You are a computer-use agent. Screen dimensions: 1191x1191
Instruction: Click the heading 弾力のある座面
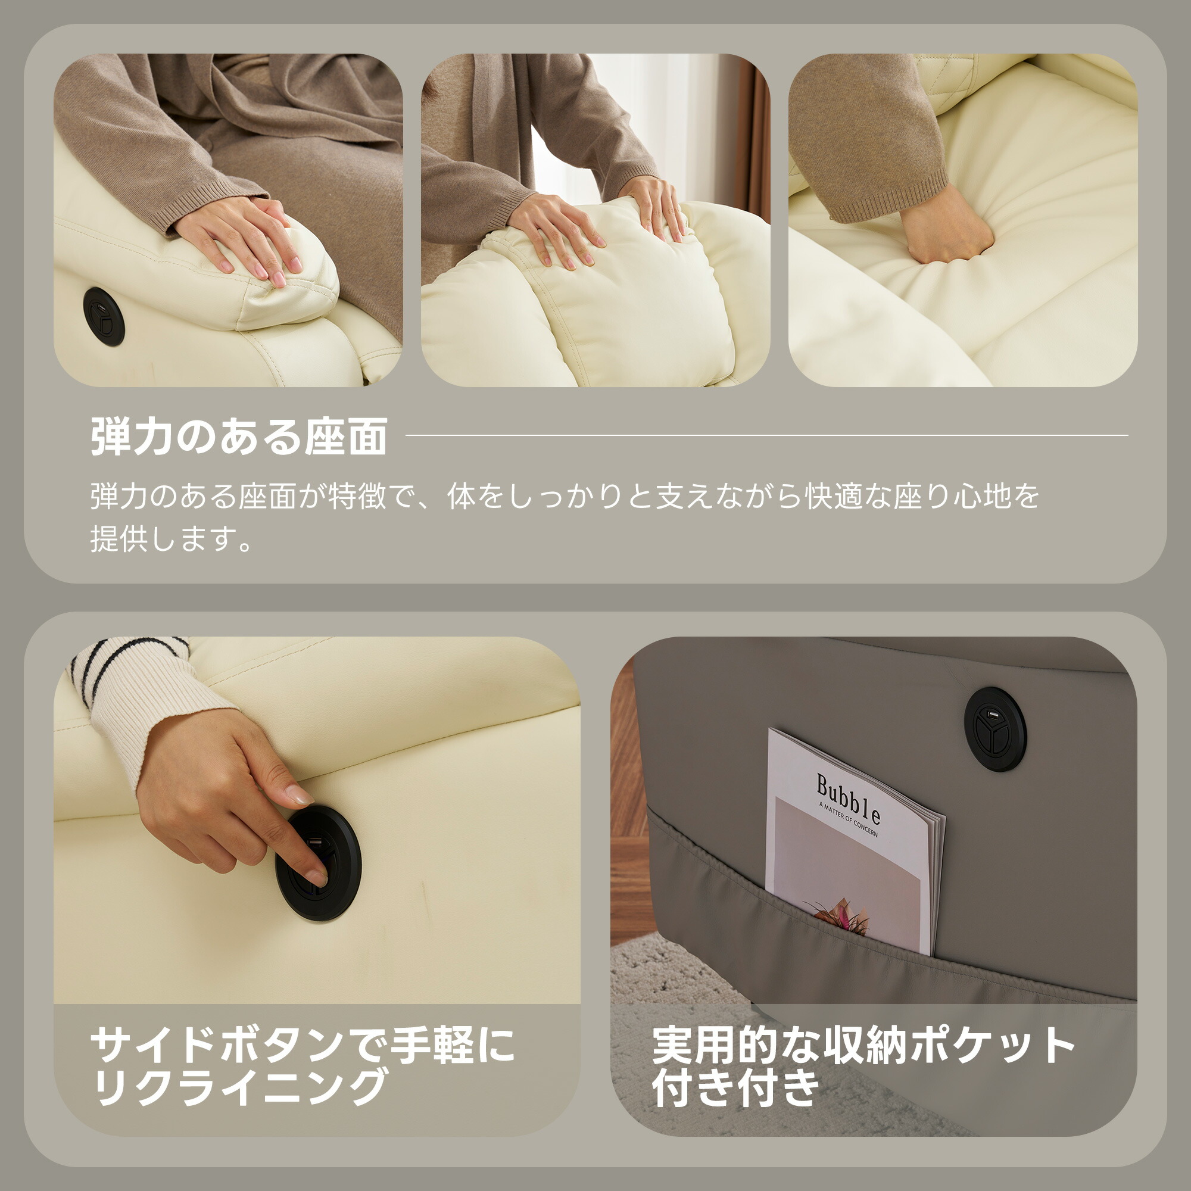[239, 436]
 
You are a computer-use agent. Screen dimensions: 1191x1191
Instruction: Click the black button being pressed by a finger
[317, 863]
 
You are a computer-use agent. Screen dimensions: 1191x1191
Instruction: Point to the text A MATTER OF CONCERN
[848, 820]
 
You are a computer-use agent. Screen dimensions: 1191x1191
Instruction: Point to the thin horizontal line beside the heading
[767, 435]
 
